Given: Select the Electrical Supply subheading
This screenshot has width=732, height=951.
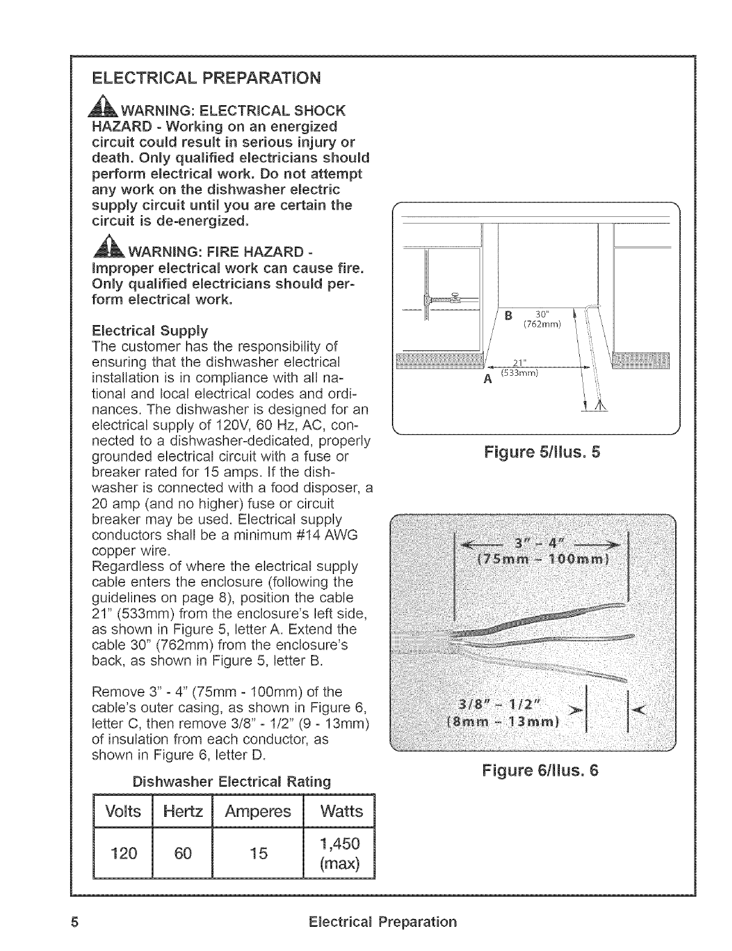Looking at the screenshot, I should (x=150, y=330).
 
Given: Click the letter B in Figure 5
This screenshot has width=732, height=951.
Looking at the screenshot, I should (x=508, y=315).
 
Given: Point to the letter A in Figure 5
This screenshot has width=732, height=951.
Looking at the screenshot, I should (x=486, y=379).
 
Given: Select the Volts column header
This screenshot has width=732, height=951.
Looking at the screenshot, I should (x=122, y=811).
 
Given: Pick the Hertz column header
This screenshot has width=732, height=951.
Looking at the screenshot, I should (x=182, y=811).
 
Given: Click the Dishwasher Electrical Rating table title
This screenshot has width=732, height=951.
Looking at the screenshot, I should (x=231, y=781).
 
